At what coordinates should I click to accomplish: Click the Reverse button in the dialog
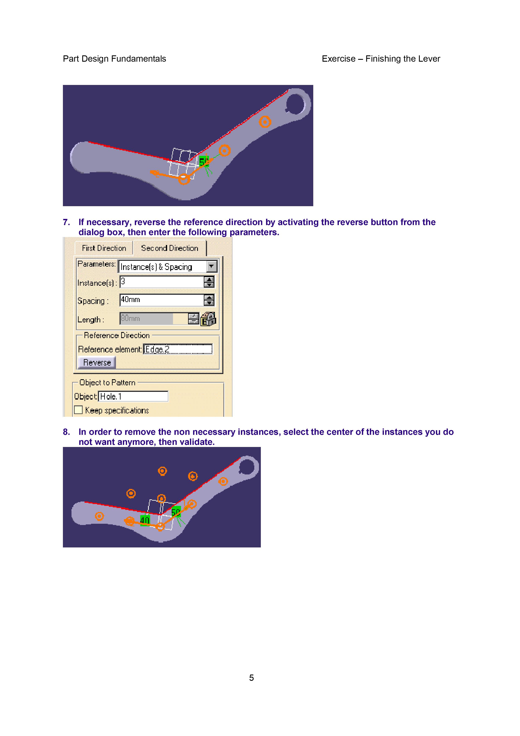click(97, 363)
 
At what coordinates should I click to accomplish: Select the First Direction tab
click(104, 248)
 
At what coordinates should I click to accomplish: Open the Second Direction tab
click(169, 248)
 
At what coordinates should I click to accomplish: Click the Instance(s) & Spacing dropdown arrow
click(212, 266)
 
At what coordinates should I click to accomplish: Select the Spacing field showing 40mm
click(161, 300)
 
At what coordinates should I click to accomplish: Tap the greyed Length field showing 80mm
click(146, 319)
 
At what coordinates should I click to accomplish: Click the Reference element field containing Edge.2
click(178, 349)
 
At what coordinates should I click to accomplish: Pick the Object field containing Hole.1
click(133, 397)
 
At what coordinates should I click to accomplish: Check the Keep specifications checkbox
click(78, 410)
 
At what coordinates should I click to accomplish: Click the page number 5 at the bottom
click(252, 678)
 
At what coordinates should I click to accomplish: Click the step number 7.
click(66, 222)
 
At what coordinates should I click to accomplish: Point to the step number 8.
click(66, 432)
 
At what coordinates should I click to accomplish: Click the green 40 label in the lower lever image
click(145, 520)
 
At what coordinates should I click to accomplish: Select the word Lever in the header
click(429, 59)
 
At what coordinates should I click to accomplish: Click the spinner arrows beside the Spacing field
click(209, 300)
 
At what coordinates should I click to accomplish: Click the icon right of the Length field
click(208, 319)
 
